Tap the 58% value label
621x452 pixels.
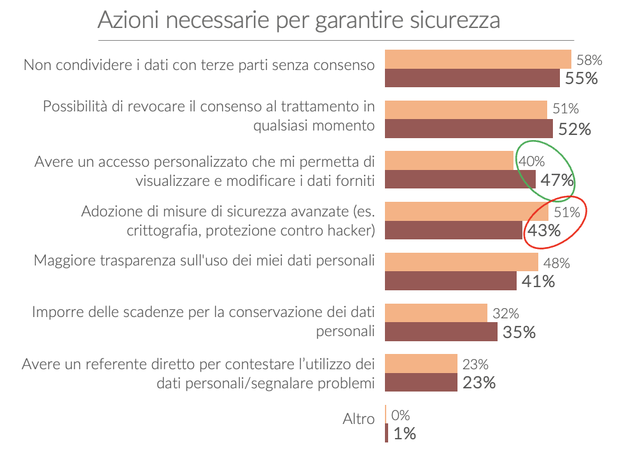click(589, 60)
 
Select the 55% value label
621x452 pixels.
click(582, 78)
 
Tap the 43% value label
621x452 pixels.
click(544, 230)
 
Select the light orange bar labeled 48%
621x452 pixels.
click(462, 262)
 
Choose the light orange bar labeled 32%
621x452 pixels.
click(436, 313)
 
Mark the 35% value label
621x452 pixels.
click(519, 332)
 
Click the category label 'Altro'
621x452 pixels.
click(359, 420)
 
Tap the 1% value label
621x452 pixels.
click(405, 434)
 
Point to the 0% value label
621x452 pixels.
click(400, 416)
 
